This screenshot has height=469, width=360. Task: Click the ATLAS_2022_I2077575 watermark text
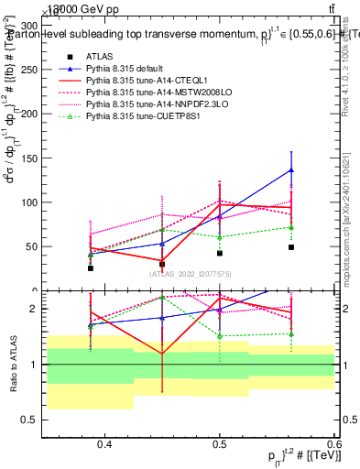191,274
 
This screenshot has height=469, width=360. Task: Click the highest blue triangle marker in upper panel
291,169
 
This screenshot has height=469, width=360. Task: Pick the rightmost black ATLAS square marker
291,247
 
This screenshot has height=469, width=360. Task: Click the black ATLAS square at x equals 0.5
220,253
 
